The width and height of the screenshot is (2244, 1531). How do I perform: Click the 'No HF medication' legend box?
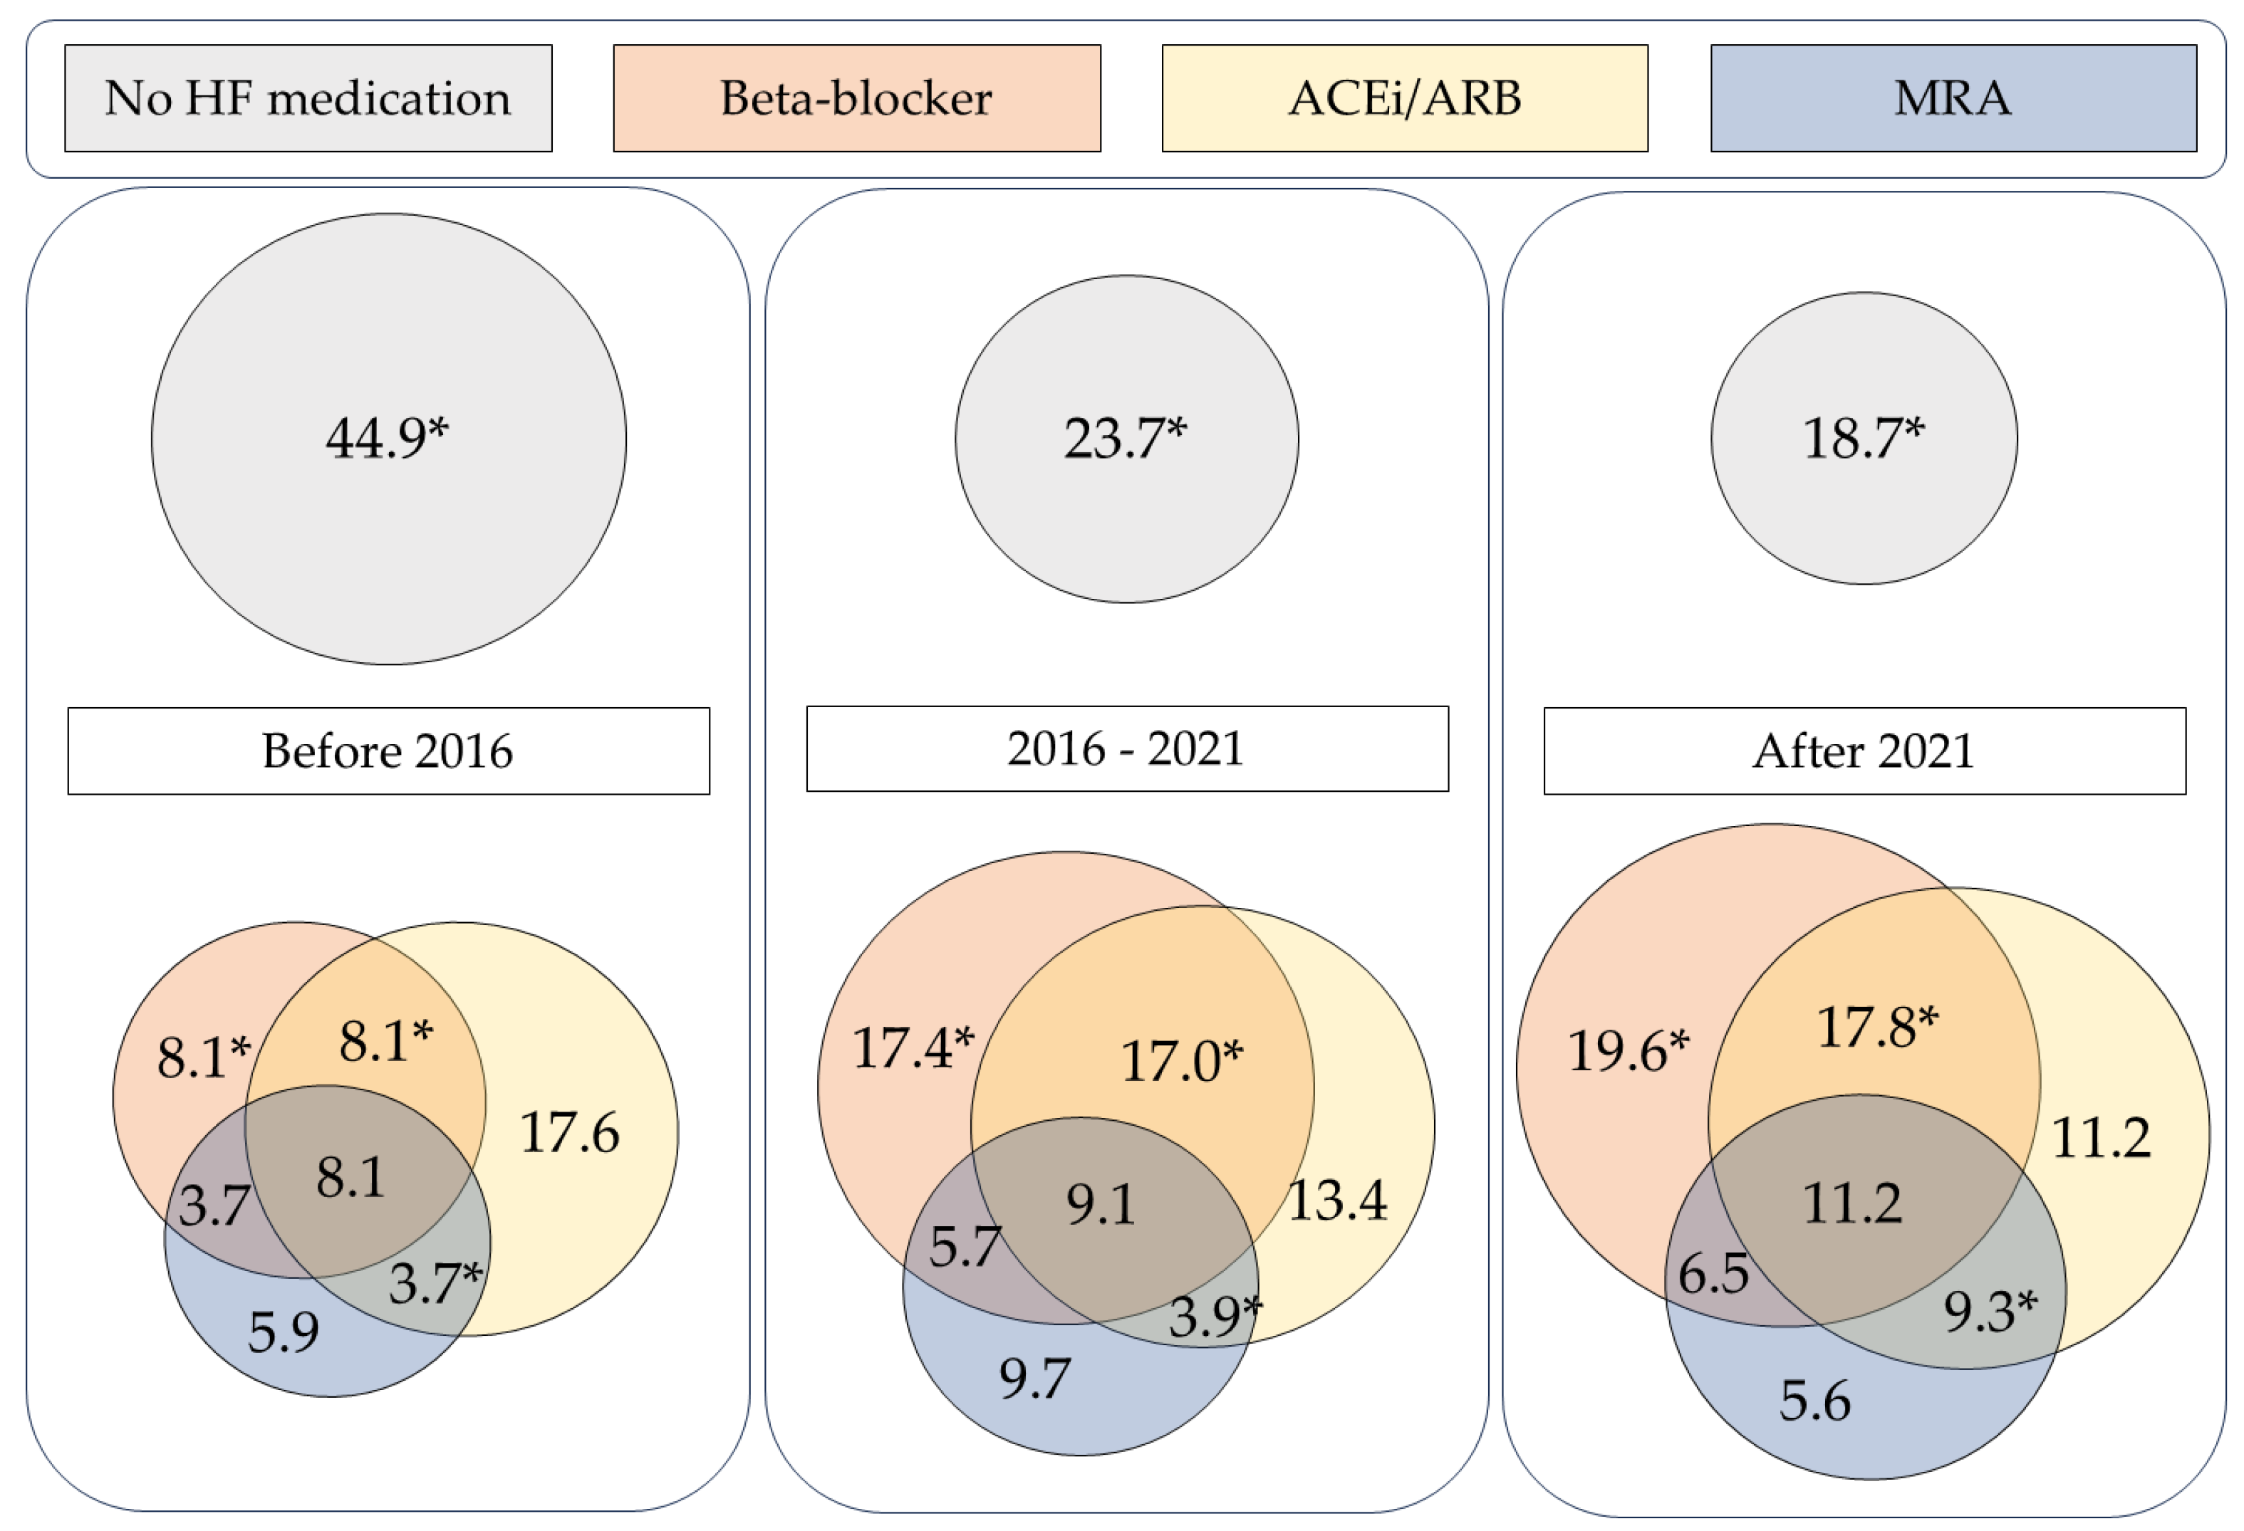coord(308,98)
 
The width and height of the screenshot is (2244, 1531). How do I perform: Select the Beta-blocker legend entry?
coord(856,98)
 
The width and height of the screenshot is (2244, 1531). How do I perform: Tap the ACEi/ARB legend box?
coord(1405,98)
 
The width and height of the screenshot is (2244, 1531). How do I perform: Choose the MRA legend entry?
coord(1953,98)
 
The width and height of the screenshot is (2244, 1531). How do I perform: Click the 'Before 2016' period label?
coord(388,751)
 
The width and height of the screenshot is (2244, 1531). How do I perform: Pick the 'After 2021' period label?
coord(1864,751)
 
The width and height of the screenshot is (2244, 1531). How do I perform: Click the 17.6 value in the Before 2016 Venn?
coord(570,1133)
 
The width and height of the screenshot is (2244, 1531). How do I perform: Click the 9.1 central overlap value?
coord(1100,1206)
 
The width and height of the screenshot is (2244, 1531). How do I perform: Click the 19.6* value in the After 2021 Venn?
coord(1628,1051)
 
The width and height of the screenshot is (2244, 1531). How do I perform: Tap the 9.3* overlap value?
coord(1989,1312)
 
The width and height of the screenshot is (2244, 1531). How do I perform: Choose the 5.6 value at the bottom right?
coord(1814,1401)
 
